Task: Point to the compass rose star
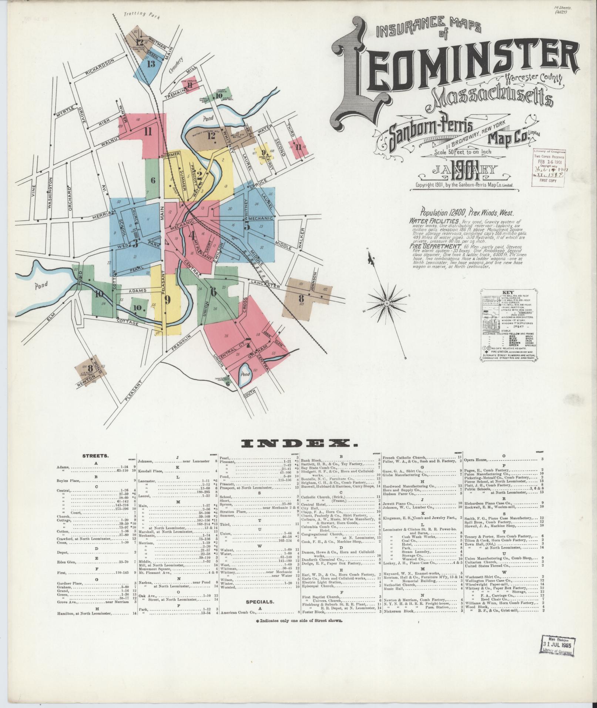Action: coord(386,303)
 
